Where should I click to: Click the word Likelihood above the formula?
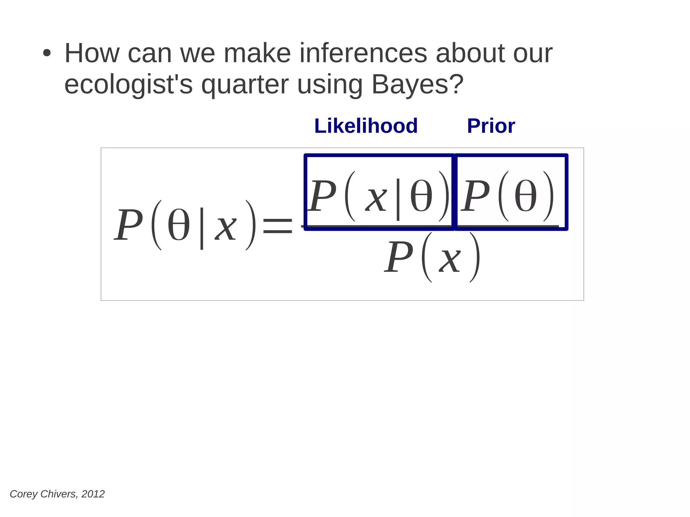tap(366, 126)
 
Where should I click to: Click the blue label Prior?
tap(491, 126)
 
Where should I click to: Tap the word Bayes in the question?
tap(412, 84)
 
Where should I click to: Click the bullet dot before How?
tap(47, 54)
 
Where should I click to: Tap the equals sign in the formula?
tap(277, 226)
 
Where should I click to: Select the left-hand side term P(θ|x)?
tap(185, 225)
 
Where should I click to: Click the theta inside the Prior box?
tap(526, 196)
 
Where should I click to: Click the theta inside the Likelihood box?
tap(421, 196)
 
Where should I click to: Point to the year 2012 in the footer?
tap(93, 494)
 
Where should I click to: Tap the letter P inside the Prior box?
tap(475, 196)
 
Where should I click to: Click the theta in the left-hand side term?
tap(179, 225)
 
